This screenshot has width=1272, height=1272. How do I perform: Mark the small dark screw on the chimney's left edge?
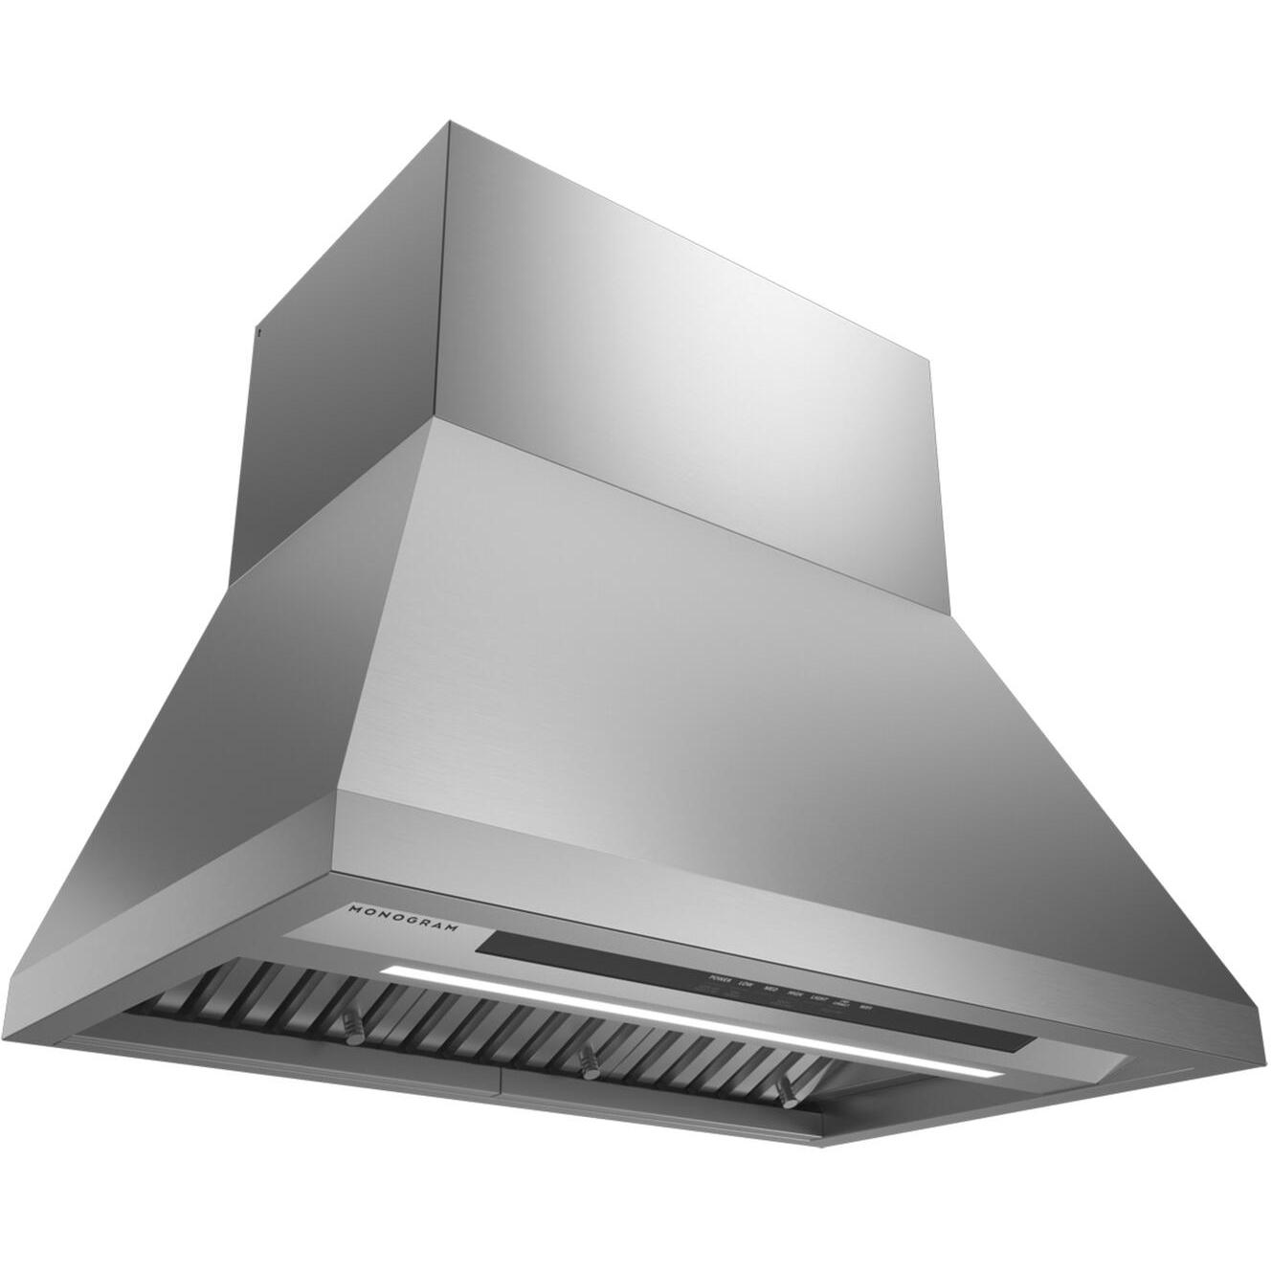coord(257,333)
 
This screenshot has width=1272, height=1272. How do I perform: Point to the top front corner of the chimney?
coord(450,123)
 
